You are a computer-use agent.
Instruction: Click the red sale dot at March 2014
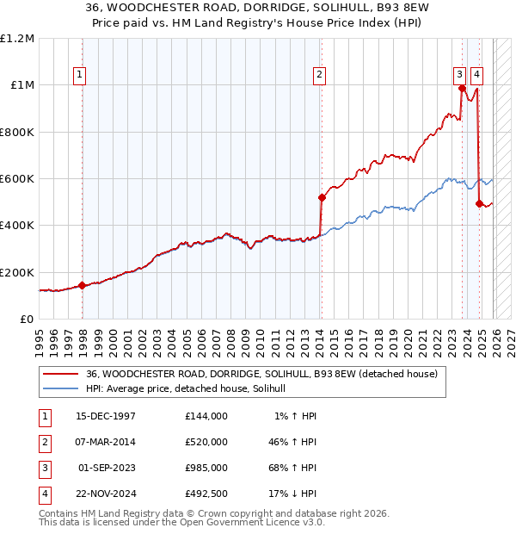coord(322,198)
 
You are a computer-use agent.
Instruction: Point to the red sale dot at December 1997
coord(83,285)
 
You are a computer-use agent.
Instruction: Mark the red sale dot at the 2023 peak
coord(462,89)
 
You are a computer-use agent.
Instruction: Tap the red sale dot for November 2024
coord(479,204)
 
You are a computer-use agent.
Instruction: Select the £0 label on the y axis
coord(27,319)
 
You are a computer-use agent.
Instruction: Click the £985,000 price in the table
coord(206,468)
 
